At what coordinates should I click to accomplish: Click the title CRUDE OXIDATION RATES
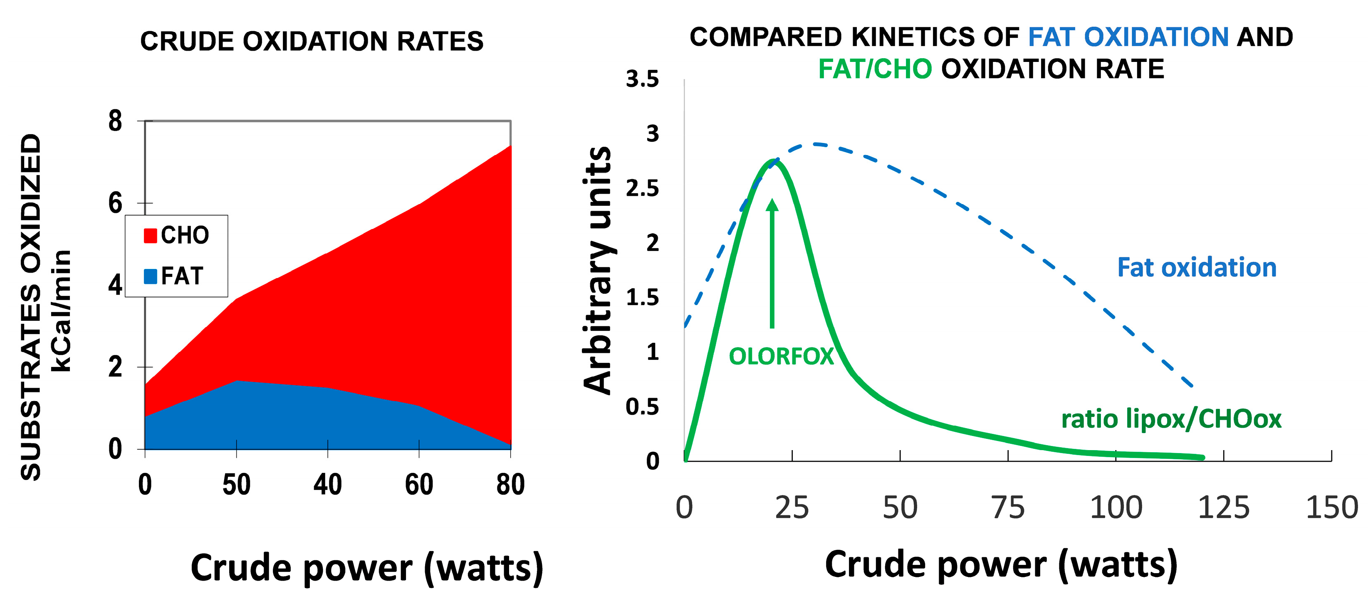[312, 42]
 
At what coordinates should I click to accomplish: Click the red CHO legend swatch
[150, 235]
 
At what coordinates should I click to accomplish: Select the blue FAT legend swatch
[150, 276]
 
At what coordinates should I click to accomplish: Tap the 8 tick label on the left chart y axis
[115, 121]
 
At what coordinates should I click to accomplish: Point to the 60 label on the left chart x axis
[419, 485]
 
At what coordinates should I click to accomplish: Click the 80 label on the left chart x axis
[510, 485]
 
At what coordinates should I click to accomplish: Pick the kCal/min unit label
[62, 310]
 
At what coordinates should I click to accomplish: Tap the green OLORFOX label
[781, 356]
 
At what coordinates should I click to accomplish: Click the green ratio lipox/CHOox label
[1171, 419]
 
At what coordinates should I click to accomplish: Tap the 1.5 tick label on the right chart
[642, 298]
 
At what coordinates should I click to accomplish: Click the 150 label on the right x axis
[1331, 507]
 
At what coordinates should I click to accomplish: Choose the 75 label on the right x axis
[1008, 507]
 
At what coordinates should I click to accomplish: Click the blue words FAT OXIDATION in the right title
[1128, 37]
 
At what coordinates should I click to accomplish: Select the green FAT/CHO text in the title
[875, 69]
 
